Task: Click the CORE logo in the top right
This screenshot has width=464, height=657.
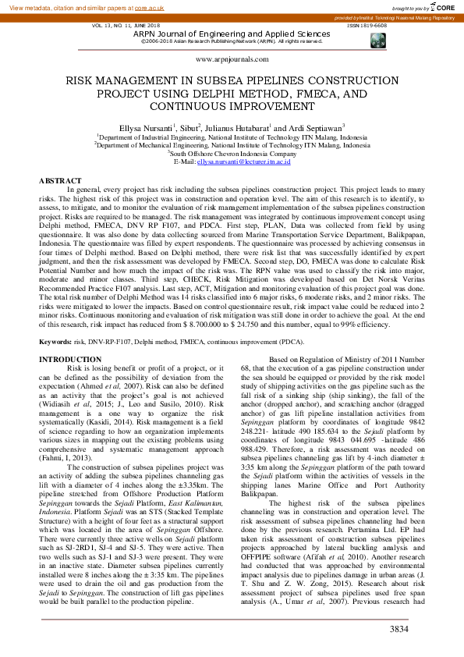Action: tap(442, 6)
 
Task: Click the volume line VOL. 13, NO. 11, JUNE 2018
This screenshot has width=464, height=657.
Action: tap(126, 26)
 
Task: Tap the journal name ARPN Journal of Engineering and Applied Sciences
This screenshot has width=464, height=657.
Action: tap(232, 34)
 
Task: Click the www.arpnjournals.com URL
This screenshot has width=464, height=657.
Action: tap(232, 59)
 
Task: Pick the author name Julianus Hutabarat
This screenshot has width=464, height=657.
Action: tap(236, 126)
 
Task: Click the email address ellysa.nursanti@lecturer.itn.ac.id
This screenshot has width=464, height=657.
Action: tap(243, 162)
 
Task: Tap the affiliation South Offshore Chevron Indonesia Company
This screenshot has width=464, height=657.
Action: tap(232, 154)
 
